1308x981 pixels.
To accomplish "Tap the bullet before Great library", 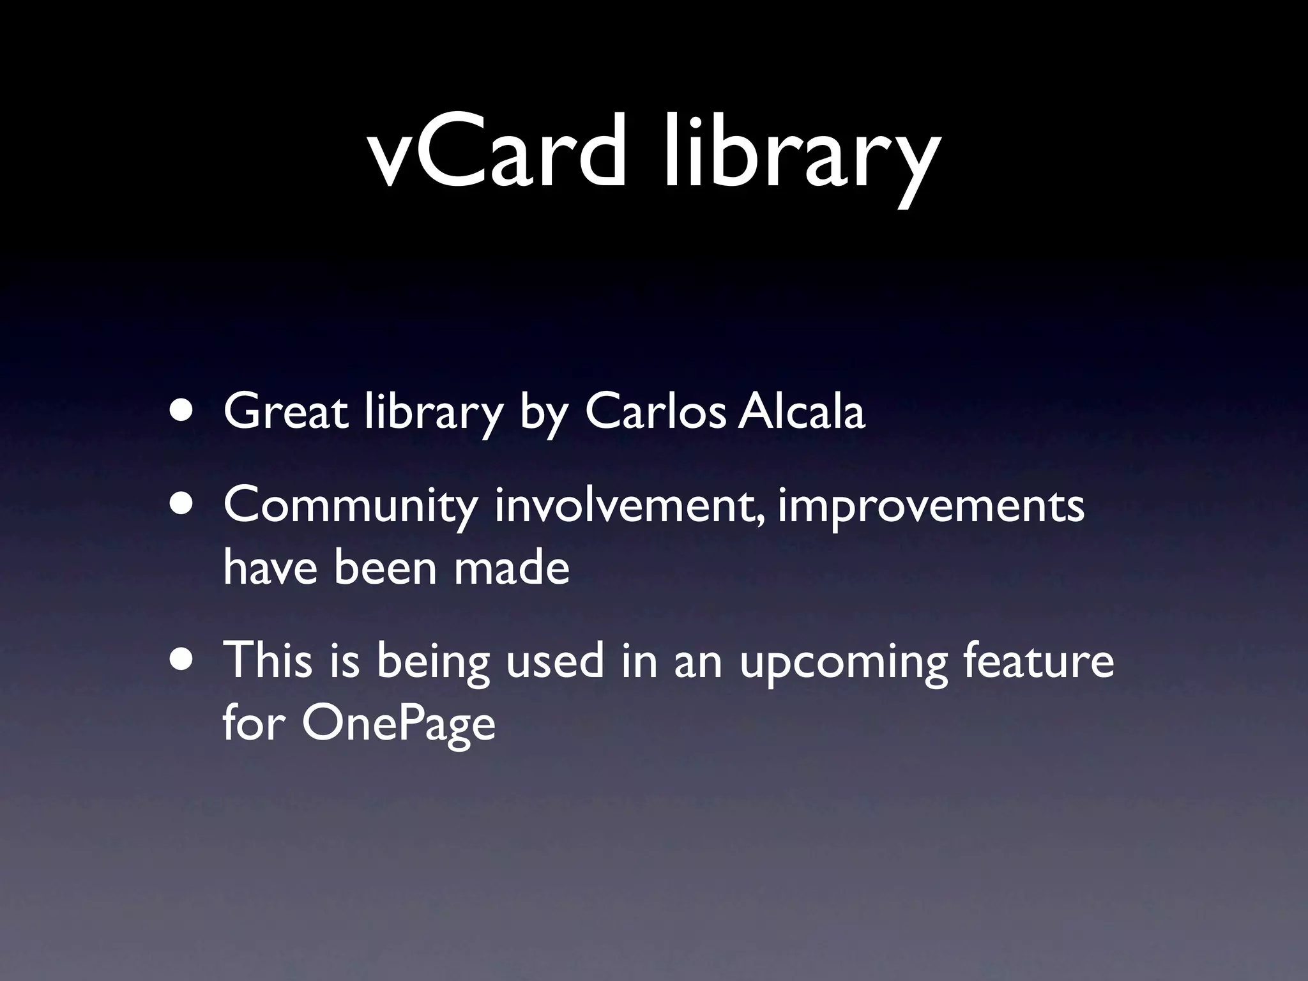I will coord(183,412).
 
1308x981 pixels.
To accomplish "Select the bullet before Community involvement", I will coord(183,505).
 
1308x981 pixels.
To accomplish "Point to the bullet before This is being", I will coord(183,660).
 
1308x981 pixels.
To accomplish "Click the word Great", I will coord(285,412).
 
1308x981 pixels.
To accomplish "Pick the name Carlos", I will coord(655,412).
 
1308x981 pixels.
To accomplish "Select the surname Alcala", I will coord(802,412).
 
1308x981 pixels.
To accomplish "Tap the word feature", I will coord(1038,660).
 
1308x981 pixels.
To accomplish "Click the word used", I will coord(554,660).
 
